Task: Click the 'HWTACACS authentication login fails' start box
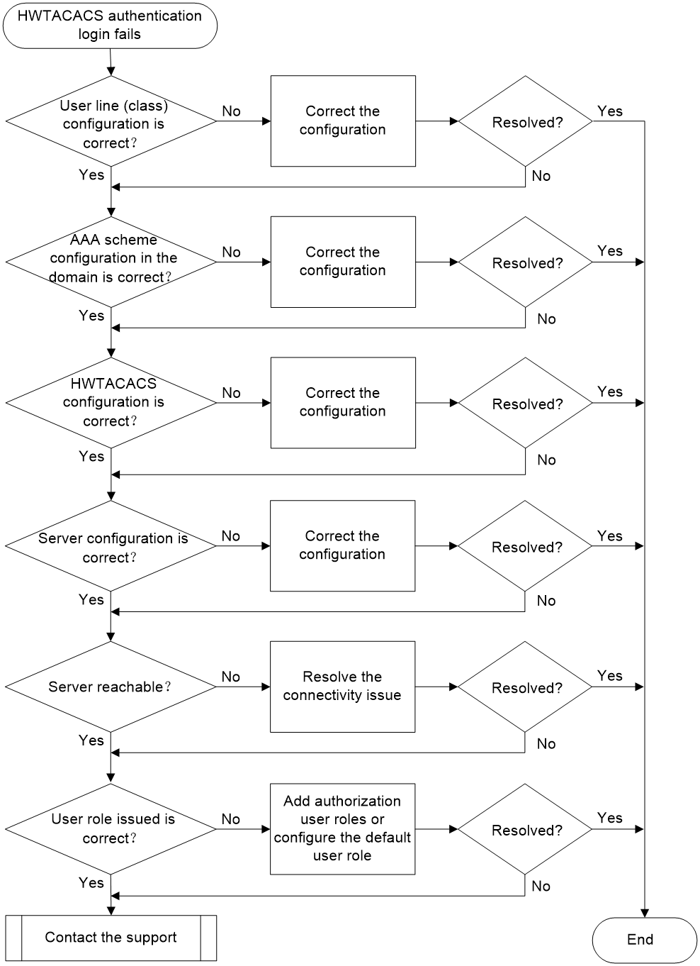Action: point(110,26)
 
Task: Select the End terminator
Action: point(644,939)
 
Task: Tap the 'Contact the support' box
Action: point(111,938)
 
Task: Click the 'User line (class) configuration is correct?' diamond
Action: point(111,121)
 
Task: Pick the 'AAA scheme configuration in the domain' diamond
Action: point(111,262)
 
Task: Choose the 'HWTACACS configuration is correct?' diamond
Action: point(111,403)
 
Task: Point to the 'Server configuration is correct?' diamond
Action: point(111,546)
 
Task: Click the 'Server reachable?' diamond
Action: point(111,687)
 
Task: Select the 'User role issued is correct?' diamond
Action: point(111,829)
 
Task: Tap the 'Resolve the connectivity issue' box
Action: point(342,687)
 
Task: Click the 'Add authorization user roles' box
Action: point(342,829)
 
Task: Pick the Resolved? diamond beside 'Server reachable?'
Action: point(525,687)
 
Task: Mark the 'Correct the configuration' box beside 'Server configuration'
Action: point(342,546)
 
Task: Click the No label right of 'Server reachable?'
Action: point(230,677)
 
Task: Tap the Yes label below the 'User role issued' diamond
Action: point(91,883)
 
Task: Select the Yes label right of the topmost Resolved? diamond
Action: point(609,111)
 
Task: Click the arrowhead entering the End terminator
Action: point(645,913)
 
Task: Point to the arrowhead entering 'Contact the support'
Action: point(111,911)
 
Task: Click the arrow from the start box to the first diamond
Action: point(111,62)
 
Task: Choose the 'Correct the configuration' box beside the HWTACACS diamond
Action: point(343,403)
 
